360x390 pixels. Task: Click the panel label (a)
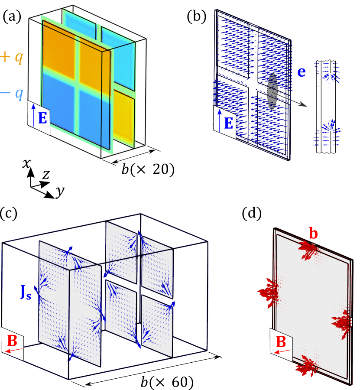[x=12, y=17]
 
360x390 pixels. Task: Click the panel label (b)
[x=196, y=17]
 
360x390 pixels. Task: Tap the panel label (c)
[x=9, y=214]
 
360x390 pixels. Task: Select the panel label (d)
[x=252, y=214]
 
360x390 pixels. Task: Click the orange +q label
[x=11, y=57]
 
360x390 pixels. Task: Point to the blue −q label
[x=11, y=94]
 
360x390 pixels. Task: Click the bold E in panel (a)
[x=42, y=118]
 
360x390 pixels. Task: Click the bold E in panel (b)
[x=228, y=123]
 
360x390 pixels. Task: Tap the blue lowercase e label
[x=302, y=72]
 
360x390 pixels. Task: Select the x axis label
[x=26, y=163]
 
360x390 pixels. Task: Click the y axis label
[x=60, y=192]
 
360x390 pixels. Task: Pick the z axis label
[x=46, y=175]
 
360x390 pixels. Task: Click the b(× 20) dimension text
[x=148, y=169]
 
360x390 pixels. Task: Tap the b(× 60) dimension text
[x=167, y=382]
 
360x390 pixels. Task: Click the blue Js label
[x=26, y=292]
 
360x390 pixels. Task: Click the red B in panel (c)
[x=12, y=341]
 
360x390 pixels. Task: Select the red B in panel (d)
[x=281, y=342]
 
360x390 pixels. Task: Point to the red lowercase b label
[x=313, y=234]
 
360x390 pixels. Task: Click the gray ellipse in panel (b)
[x=272, y=91]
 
